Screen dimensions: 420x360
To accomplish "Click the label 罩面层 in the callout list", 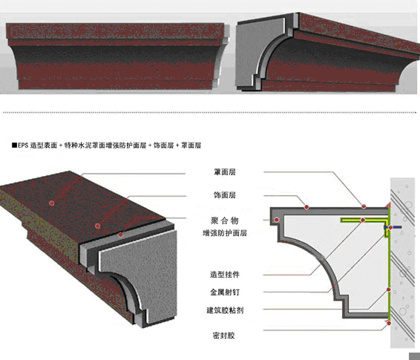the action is [224, 172].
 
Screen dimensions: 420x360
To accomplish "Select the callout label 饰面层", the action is [224, 195].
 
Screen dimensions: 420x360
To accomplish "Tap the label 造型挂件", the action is [224, 275].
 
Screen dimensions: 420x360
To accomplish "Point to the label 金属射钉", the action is [224, 292].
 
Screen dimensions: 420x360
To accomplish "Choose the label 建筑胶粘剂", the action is [225, 310].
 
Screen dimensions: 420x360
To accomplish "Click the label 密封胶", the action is [223, 336].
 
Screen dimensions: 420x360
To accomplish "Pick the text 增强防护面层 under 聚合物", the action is [224, 233].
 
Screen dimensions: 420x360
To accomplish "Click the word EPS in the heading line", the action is [23, 145].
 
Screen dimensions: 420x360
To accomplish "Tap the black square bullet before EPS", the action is [14, 145].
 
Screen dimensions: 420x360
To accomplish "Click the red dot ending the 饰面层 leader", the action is [306, 207].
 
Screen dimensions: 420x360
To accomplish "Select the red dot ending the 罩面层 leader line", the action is [364, 206].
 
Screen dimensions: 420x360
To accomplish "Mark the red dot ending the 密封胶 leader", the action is [389, 323].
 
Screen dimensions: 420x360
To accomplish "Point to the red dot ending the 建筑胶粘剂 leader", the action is [389, 289].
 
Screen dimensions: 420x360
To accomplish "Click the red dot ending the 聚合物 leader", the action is [277, 220].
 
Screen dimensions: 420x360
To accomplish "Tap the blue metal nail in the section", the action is [393, 227].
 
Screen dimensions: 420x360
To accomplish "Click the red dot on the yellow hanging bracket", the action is [363, 220].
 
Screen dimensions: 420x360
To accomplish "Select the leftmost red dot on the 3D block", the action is [52, 203].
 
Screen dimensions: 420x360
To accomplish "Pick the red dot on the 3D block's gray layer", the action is [121, 235].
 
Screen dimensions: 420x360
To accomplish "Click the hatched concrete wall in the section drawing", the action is [402, 263].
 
